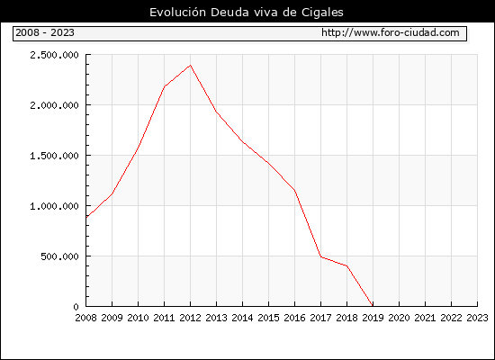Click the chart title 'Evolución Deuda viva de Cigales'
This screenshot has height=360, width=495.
(x=247, y=13)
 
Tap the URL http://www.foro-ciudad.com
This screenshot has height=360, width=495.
(x=391, y=32)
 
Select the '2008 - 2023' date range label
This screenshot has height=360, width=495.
(x=45, y=32)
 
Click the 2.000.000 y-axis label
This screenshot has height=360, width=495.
(x=54, y=105)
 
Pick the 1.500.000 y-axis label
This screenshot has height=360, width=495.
(x=54, y=156)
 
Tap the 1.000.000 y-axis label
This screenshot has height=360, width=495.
(x=54, y=206)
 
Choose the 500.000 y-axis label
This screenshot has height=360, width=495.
(x=59, y=256)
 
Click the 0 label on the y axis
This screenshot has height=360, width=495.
(x=76, y=307)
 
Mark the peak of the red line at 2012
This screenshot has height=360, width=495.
(x=191, y=65)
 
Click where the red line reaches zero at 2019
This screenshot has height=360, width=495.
(x=373, y=306)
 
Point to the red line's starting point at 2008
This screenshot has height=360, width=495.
(x=86, y=217)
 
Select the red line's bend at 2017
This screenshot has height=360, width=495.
(x=320, y=256)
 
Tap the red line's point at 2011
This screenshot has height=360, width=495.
(x=165, y=86)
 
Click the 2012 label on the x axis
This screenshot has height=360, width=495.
(x=191, y=318)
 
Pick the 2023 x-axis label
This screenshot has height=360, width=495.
(x=477, y=318)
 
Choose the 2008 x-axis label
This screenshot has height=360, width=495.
(x=85, y=318)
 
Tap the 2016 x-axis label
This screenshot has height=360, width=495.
(x=294, y=318)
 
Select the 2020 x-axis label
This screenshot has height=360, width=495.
(x=399, y=318)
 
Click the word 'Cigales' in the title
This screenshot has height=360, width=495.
(x=322, y=13)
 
